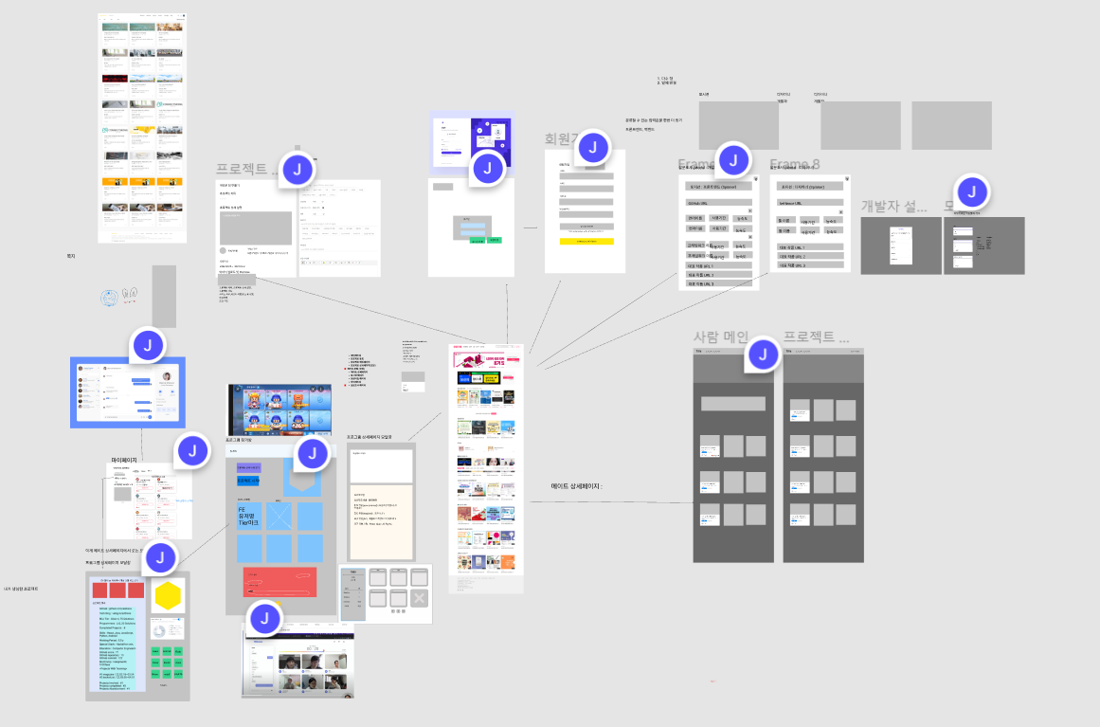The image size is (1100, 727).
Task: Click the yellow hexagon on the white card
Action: [x=168, y=596]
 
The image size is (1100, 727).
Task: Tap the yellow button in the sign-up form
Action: [x=586, y=242]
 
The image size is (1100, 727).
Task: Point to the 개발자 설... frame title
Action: [x=893, y=207]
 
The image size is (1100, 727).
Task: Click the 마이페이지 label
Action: [x=124, y=460]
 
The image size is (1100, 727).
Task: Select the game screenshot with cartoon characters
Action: [x=280, y=409]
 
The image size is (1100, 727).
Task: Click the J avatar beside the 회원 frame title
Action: [x=593, y=147]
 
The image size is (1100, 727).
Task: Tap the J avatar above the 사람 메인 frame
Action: [x=762, y=355]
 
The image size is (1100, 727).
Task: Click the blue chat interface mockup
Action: [x=127, y=392]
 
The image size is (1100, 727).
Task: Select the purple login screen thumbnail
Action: [x=471, y=142]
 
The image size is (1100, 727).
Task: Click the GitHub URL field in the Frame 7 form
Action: [x=717, y=203]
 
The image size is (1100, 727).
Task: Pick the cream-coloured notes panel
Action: [x=381, y=521]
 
